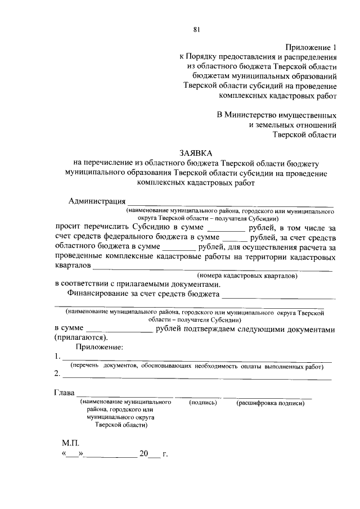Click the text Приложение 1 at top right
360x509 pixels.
click(311, 47)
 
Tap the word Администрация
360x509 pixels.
click(96, 201)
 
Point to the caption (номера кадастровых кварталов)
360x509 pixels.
click(247, 276)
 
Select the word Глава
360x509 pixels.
click(64, 392)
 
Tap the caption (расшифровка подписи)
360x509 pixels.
click(271, 403)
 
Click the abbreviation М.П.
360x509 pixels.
click(70, 443)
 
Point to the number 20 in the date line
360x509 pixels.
click(143, 453)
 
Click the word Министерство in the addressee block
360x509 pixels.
click(251, 114)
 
